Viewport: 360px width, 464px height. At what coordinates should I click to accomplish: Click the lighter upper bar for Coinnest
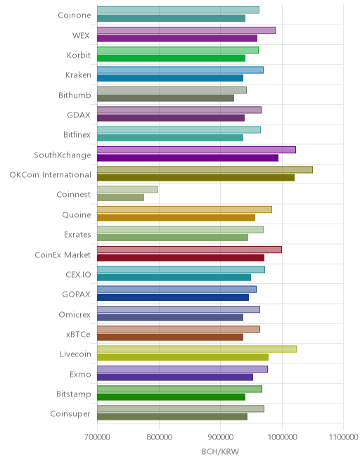click(x=127, y=189)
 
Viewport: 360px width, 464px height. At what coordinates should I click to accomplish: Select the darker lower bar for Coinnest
click(x=120, y=198)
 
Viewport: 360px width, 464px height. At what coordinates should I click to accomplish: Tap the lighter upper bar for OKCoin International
click(x=205, y=169)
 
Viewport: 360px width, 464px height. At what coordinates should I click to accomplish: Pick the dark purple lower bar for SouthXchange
click(x=188, y=157)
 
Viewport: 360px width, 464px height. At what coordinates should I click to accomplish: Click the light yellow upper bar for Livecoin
click(x=197, y=349)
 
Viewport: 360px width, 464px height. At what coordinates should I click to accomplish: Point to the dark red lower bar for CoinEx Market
click(x=181, y=257)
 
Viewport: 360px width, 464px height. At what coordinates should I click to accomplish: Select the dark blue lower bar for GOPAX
click(x=173, y=297)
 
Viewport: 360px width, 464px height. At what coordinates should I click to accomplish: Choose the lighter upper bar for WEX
click(x=186, y=30)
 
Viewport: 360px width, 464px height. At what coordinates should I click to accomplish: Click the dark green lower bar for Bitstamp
click(x=171, y=397)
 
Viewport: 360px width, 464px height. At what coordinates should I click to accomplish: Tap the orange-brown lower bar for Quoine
click(x=176, y=217)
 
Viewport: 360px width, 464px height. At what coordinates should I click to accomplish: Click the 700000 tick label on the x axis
click(x=97, y=437)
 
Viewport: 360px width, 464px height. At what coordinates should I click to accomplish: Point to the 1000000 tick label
click(x=282, y=437)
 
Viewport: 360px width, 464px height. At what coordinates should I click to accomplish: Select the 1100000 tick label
click(x=343, y=437)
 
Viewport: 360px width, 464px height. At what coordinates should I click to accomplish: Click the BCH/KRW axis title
click(x=220, y=451)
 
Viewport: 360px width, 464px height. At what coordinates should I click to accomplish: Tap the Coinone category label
click(x=75, y=15)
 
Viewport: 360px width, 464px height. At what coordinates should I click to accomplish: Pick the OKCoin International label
click(x=51, y=174)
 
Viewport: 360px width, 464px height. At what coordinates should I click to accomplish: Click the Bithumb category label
click(x=75, y=95)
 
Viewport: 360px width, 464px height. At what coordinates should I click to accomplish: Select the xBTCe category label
click(x=78, y=334)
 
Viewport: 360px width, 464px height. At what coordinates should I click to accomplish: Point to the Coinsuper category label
click(x=70, y=413)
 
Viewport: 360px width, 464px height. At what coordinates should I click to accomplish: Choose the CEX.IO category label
click(x=78, y=274)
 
